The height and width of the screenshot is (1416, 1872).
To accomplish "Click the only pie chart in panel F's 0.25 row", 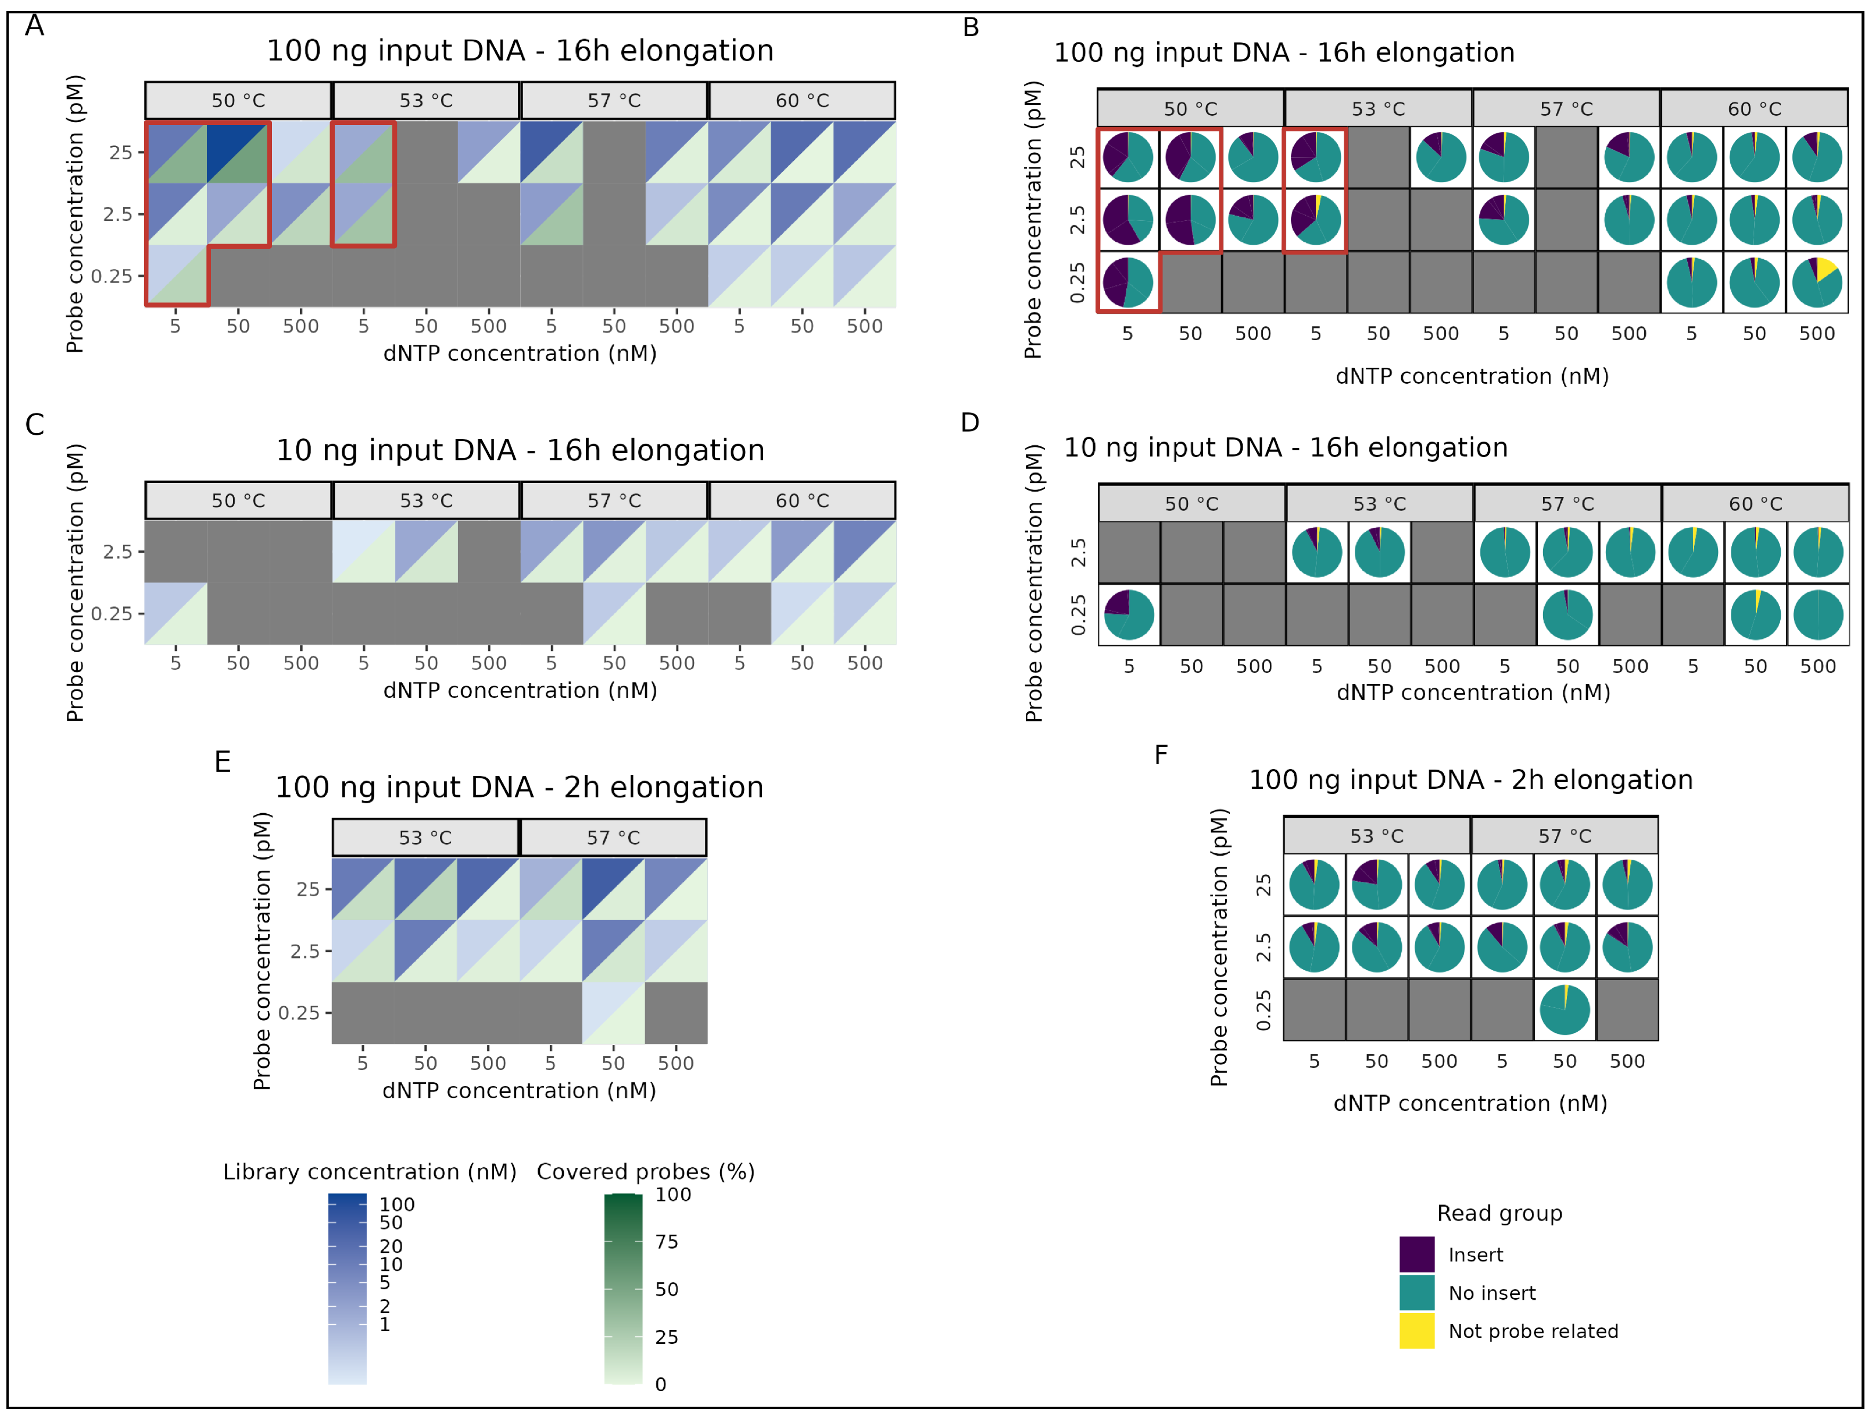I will [x=1564, y=1010].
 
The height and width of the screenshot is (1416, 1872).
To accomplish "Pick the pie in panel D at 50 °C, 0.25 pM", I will [x=1129, y=614].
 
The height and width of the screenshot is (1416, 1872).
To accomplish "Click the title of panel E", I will [x=519, y=787].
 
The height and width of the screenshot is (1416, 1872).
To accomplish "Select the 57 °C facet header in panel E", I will [x=613, y=837].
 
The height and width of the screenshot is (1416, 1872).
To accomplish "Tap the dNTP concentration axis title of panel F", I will [x=1470, y=1103].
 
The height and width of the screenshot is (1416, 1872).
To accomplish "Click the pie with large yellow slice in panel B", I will [x=1816, y=283].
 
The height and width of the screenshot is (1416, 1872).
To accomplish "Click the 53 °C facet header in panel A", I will [x=425, y=101].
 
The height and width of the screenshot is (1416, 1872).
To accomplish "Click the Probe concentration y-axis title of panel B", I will [x=1033, y=220].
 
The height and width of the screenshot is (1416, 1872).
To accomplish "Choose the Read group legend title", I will [x=1499, y=1213].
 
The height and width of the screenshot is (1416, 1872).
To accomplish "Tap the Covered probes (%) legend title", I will [x=646, y=1171].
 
